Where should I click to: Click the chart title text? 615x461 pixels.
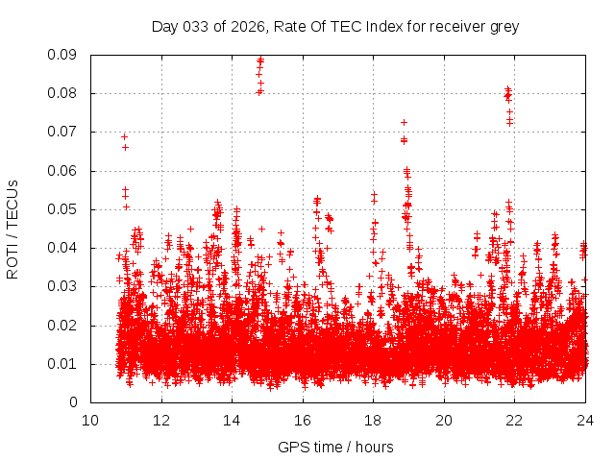tap(335, 26)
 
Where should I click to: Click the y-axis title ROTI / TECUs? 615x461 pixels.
tap(12, 228)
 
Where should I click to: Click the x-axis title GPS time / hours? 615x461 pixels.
tap(335, 447)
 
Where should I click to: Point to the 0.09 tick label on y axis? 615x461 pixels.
tap(63, 55)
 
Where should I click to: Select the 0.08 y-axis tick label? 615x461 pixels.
tap(63, 93)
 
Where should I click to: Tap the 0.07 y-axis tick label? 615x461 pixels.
tap(63, 132)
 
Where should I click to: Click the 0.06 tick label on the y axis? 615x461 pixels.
tap(63, 171)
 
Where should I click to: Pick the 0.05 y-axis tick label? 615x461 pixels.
tap(63, 209)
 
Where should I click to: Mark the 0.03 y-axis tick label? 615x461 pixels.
tap(63, 286)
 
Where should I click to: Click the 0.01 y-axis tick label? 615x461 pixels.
tap(63, 364)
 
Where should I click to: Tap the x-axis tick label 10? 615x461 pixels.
tap(90, 420)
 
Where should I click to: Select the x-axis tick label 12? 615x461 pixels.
tap(161, 420)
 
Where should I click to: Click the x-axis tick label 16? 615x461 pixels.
tap(303, 420)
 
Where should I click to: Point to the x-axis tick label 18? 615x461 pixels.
tap(374, 420)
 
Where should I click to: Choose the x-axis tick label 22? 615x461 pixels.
tap(515, 420)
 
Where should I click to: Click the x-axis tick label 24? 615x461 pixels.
tap(585, 420)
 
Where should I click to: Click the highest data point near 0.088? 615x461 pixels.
tap(260, 61)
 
